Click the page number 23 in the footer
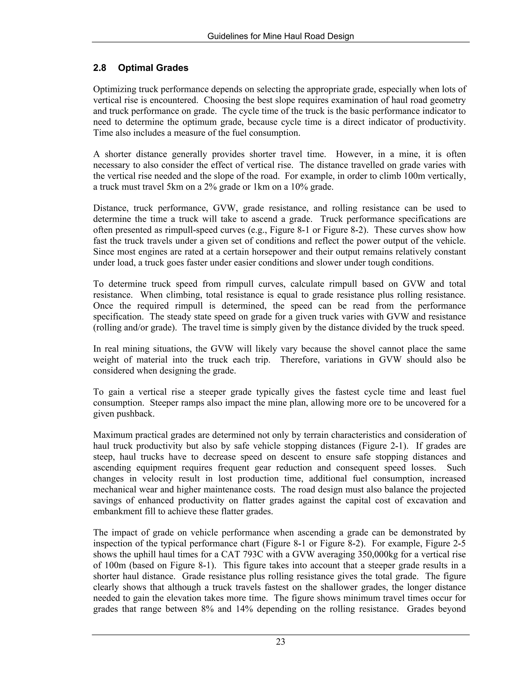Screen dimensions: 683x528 (x=280, y=642)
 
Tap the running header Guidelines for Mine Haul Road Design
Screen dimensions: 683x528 (x=280, y=36)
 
